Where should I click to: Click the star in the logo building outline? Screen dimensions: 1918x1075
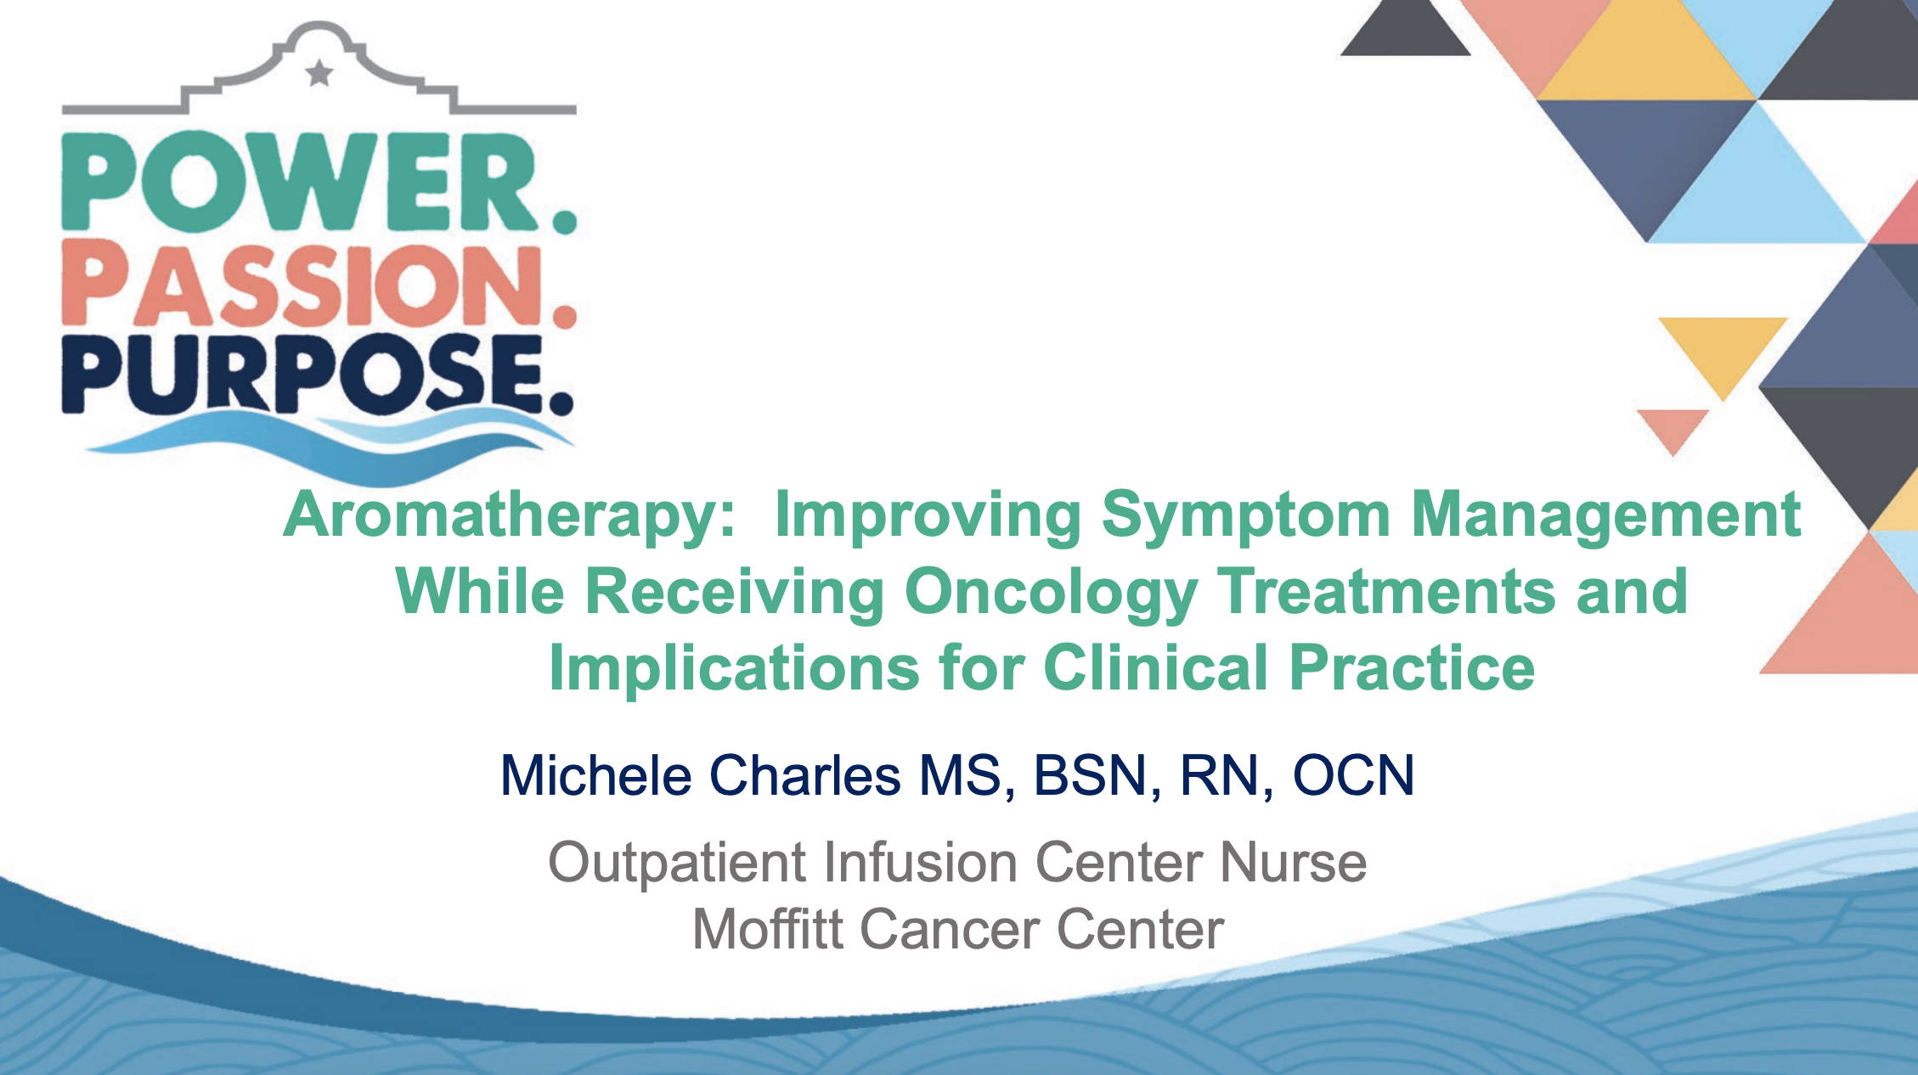[319, 74]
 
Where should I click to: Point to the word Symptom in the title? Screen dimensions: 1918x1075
[1246, 516]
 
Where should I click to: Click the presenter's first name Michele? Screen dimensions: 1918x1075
[595, 775]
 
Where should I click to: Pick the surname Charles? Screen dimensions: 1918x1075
[804, 775]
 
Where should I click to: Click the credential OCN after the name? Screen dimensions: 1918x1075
[1353, 775]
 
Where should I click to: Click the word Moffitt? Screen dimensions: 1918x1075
[768, 929]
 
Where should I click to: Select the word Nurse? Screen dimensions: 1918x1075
[1293, 863]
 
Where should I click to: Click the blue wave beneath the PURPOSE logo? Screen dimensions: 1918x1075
[331, 442]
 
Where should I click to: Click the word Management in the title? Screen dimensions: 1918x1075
[1605, 516]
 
